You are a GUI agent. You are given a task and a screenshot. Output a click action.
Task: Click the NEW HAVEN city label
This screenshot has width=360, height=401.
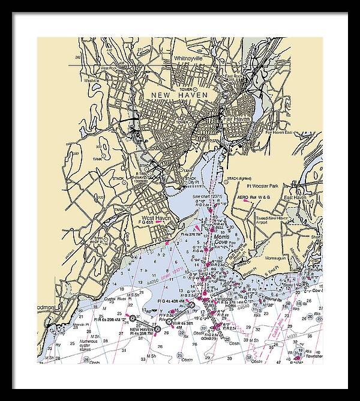click(x=179, y=95)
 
